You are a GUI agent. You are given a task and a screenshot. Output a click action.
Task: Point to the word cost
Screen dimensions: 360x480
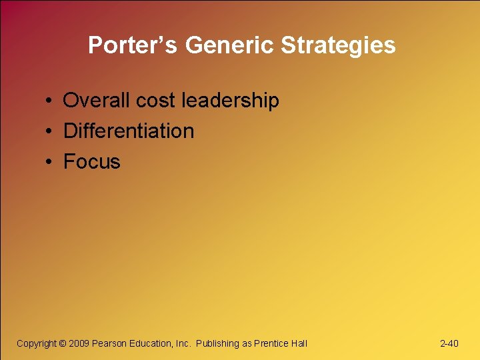coord(156,101)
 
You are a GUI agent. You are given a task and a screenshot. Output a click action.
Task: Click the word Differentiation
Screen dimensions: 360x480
coord(129,131)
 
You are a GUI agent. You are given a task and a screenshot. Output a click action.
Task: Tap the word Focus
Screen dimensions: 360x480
coord(92,162)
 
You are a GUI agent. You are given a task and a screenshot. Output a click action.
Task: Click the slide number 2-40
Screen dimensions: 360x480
coord(449,343)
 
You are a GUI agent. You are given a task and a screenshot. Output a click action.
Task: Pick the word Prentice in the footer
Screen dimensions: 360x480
coord(272,343)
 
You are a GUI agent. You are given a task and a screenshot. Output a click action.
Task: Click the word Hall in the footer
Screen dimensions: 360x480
coord(299,343)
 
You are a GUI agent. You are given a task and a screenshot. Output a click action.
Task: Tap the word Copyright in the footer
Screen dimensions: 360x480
coord(37,343)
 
